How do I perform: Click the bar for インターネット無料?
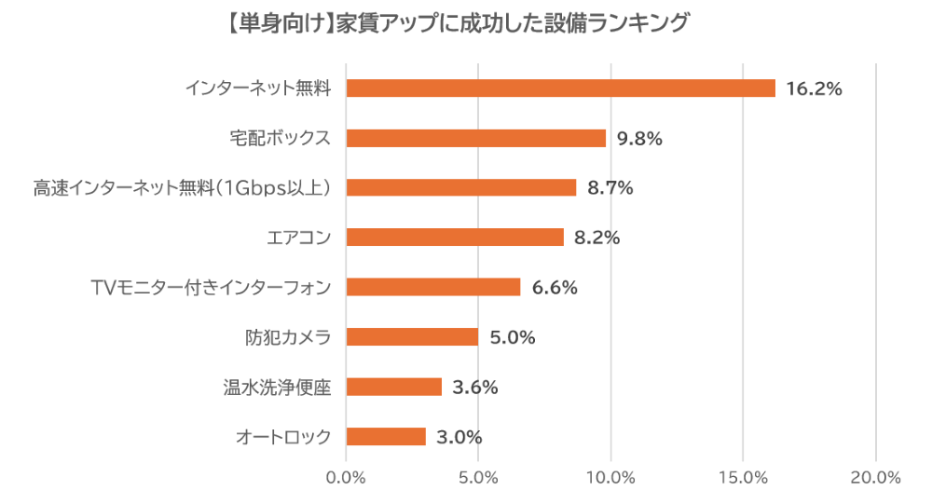coord(560,89)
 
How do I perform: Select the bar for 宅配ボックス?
coord(475,138)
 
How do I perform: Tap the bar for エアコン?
coord(455,238)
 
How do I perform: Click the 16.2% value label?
coord(815,89)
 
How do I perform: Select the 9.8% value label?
coord(638,139)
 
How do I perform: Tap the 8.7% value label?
coord(610,188)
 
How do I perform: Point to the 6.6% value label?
coord(555,288)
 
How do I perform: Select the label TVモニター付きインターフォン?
coord(212,288)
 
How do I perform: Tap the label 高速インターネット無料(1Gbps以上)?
coord(183,188)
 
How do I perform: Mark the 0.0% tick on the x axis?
coord(347,478)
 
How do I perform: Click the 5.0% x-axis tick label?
coord(478,478)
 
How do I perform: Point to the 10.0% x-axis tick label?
coord(610,478)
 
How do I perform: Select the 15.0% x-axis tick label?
coord(743,478)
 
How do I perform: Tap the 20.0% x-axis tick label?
coord(875,478)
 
